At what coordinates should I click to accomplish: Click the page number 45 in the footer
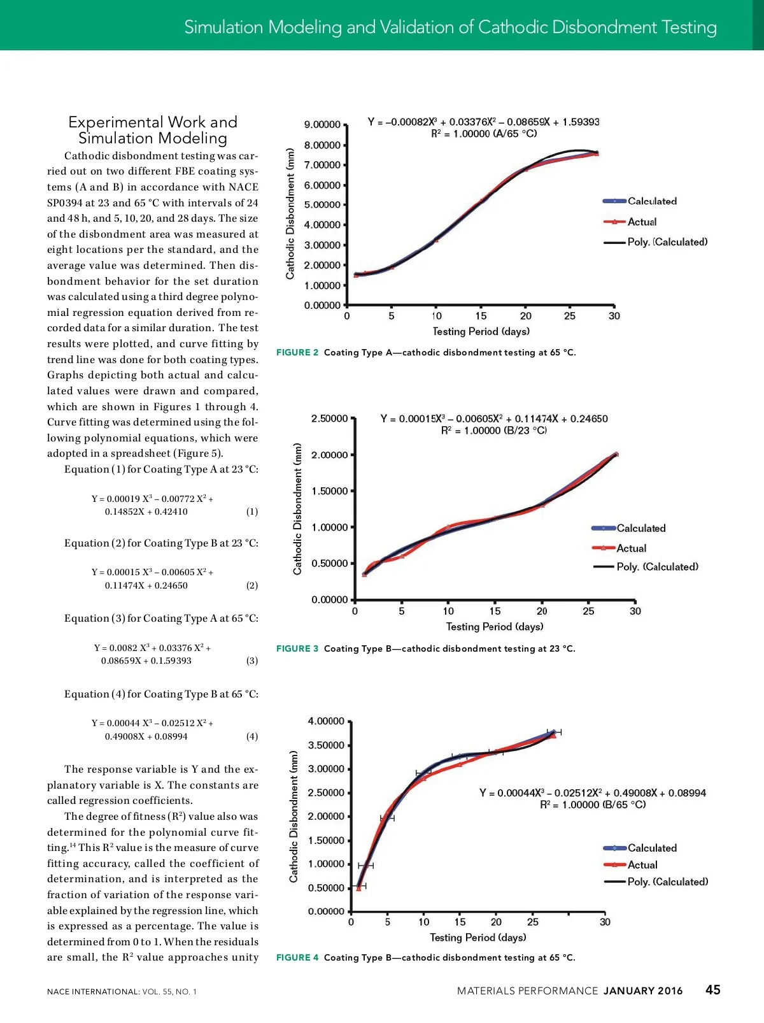click(712, 989)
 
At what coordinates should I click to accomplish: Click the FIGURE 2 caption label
click(297, 352)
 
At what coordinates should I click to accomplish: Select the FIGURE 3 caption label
click(297, 648)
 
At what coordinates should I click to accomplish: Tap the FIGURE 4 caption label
click(297, 957)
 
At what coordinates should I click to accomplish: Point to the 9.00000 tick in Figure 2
click(322, 125)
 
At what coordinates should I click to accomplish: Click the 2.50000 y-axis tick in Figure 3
click(329, 418)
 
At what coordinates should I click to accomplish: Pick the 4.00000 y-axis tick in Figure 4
click(326, 721)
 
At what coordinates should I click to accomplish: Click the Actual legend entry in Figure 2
click(642, 222)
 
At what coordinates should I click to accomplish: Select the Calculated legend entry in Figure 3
click(640, 528)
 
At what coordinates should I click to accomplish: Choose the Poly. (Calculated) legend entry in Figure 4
click(667, 882)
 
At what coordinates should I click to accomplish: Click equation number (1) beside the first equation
click(252, 511)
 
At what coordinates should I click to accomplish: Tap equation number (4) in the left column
click(252, 736)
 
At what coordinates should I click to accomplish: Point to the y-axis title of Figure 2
click(290, 214)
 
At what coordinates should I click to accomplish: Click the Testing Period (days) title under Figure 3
click(495, 627)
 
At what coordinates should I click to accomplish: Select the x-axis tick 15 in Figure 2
click(481, 316)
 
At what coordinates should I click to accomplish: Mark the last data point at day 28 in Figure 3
click(616, 454)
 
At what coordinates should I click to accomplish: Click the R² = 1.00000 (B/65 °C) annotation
click(593, 805)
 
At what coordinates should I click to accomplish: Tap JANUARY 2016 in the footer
click(643, 991)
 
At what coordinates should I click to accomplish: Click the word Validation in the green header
click(416, 27)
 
